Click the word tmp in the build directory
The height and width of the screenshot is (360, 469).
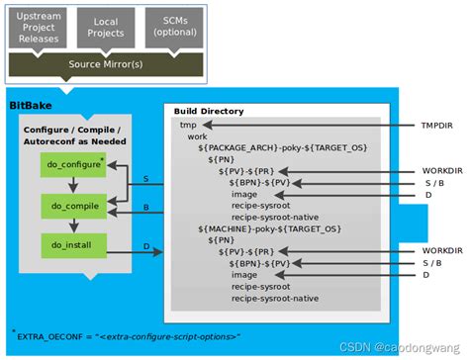coord(187,126)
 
